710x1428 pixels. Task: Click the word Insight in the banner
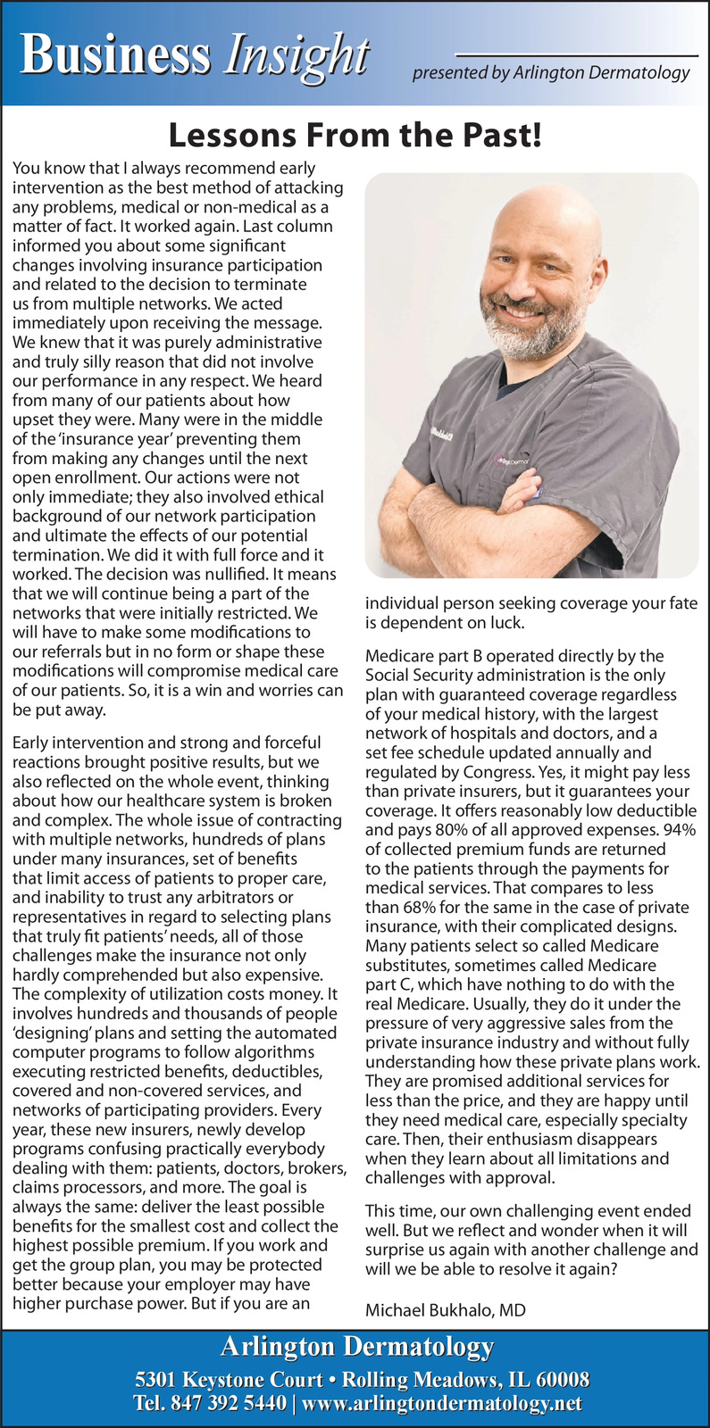tap(297, 55)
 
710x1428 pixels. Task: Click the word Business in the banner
tap(116, 55)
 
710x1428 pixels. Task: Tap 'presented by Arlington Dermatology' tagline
tap(550, 73)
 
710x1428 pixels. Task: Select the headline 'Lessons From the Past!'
tap(355, 136)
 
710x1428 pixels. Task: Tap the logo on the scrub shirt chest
tap(513, 461)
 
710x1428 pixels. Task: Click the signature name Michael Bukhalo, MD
tap(445, 1310)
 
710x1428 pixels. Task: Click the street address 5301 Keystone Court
tap(228, 1379)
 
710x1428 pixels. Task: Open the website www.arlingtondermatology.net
tap(442, 1404)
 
